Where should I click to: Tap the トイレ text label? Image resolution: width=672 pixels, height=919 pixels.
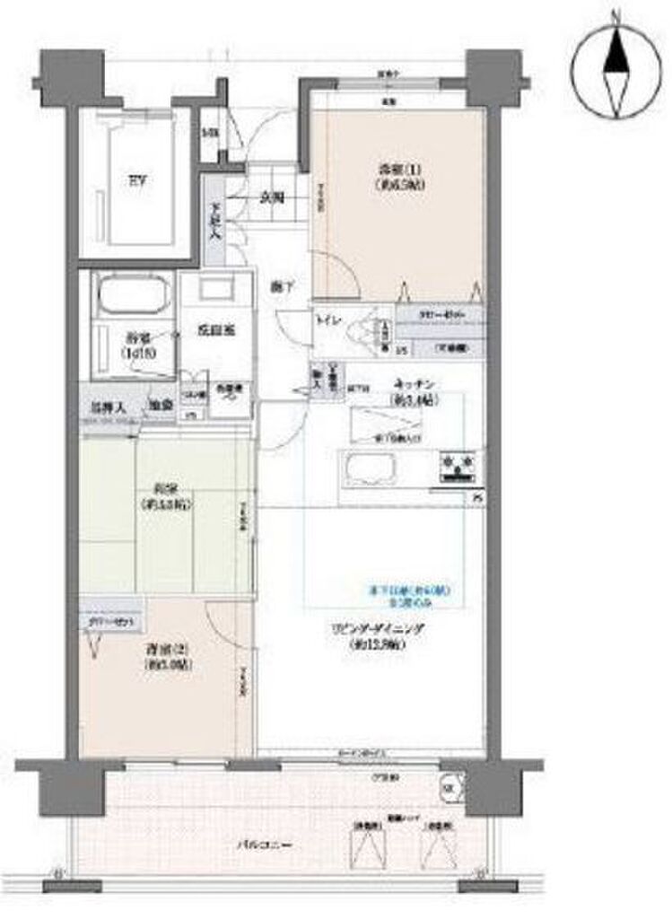click(327, 319)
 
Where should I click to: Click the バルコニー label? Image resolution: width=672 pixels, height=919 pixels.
click(255, 845)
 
